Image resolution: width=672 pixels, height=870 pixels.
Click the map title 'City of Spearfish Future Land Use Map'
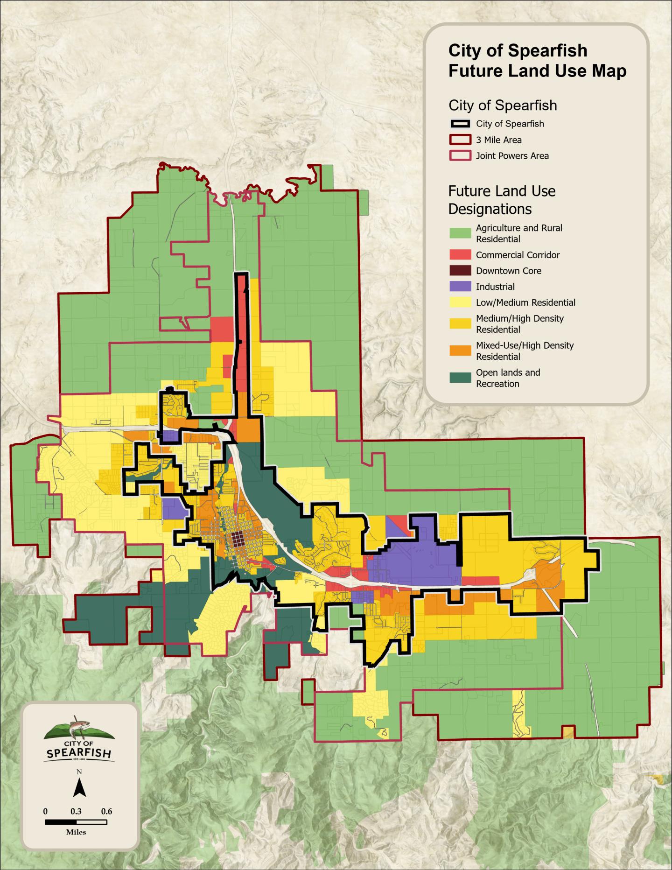[x=537, y=61]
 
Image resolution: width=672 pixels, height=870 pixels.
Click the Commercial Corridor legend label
[x=518, y=255]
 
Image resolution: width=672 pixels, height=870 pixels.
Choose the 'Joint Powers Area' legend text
[x=512, y=156]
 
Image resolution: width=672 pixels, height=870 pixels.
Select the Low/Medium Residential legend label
[x=525, y=302]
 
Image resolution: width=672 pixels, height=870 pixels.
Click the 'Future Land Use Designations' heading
[x=502, y=200]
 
